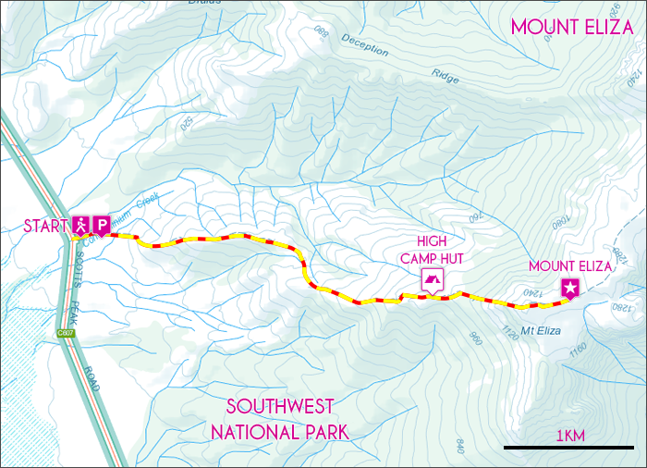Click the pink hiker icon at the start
80,224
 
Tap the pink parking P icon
101,224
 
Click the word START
45,226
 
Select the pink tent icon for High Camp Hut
432,279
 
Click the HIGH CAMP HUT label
432,251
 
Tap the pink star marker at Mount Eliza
571,289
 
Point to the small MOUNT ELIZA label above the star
570,266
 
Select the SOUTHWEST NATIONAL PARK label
279,419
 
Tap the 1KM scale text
570,435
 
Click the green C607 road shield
66,334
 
